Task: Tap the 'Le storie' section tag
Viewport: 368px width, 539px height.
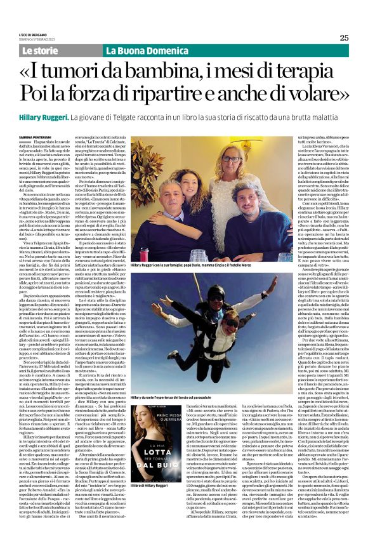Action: click(39, 50)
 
